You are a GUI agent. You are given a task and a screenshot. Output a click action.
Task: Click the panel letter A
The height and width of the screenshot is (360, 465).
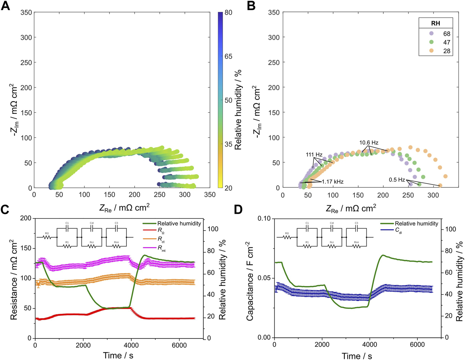[x=5, y=6]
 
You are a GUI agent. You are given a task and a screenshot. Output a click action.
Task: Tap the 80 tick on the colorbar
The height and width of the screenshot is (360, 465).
[x=228, y=13]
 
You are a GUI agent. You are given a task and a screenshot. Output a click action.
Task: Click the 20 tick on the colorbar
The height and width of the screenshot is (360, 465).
[x=228, y=188]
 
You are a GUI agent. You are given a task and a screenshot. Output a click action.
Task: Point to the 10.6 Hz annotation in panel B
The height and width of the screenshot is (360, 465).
[x=369, y=143]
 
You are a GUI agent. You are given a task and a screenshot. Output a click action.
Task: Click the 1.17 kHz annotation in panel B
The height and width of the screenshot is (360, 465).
[x=332, y=182]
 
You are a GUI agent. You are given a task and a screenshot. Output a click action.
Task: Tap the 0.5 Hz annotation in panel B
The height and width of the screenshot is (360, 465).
[x=397, y=180]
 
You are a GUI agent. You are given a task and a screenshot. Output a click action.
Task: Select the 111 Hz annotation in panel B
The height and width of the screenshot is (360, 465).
[x=314, y=155]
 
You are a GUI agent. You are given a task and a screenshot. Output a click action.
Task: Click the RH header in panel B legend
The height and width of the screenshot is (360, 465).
[x=436, y=24]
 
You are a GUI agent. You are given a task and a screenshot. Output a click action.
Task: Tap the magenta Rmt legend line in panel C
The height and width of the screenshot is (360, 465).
[x=149, y=247]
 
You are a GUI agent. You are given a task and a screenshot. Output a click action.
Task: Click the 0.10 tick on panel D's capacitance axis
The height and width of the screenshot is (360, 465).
[x=264, y=219]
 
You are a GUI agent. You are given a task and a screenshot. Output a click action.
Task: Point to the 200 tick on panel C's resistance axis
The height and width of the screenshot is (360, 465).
[x=26, y=218]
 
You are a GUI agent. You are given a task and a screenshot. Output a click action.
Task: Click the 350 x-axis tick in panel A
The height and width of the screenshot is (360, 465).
[x=210, y=195]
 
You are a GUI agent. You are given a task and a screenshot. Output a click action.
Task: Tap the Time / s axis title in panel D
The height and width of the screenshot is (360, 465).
[x=357, y=356]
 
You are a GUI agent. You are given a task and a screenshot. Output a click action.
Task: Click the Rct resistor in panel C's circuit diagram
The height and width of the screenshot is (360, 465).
[x=92, y=246]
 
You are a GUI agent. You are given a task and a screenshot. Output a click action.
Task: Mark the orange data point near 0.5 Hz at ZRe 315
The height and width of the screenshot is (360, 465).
[x=440, y=185]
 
